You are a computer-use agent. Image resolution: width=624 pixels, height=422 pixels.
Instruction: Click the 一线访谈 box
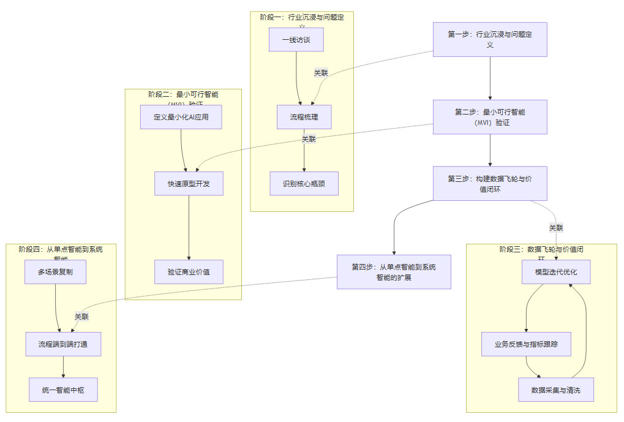(x=296, y=40)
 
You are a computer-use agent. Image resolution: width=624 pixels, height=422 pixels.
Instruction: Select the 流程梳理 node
(x=304, y=117)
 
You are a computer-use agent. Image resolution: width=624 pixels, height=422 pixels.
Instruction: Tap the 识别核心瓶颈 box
(x=304, y=183)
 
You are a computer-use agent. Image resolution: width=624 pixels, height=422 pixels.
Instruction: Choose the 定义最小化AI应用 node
(x=181, y=117)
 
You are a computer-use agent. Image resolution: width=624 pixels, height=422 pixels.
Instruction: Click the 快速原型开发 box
(x=189, y=183)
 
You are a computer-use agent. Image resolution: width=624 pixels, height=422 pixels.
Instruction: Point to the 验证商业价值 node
(x=189, y=271)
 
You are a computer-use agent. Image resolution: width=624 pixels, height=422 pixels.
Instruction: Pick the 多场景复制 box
(x=55, y=271)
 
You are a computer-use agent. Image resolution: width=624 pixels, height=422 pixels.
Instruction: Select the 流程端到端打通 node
(x=63, y=344)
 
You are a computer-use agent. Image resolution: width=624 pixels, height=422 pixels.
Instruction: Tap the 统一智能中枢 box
(x=63, y=390)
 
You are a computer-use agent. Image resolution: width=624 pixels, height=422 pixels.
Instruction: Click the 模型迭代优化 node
(x=556, y=271)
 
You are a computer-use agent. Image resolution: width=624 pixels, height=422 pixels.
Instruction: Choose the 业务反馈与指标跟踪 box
(x=527, y=344)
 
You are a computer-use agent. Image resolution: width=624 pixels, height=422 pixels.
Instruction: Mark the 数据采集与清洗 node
(x=556, y=390)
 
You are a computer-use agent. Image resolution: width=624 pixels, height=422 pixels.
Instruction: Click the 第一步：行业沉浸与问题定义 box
(x=490, y=40)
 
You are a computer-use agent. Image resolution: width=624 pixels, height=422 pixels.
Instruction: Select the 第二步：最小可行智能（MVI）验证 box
(x=490, y=117)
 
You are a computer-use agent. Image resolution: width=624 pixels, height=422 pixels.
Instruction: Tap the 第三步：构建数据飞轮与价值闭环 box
(x=490, y=183)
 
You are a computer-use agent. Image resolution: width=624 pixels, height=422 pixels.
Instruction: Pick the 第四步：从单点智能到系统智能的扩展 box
(x=394, y=271)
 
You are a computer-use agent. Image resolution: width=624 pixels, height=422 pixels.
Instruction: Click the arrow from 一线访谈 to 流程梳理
(x=298, y=77)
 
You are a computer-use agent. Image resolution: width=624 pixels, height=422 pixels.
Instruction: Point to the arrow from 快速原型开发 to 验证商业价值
(x=189, y=227)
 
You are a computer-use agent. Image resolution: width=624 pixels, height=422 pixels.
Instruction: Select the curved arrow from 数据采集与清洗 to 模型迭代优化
(x=586, y=331)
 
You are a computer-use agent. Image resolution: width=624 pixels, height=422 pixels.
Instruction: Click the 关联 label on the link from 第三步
(x=556, y=228)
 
